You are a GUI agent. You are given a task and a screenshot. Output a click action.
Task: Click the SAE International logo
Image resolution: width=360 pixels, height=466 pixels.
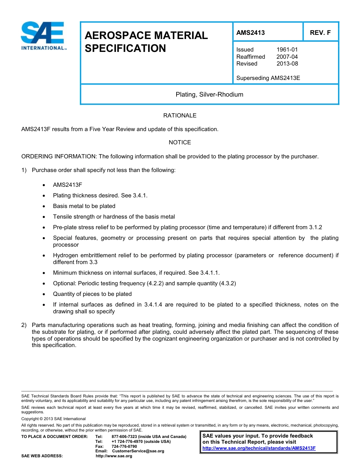tap(44, 36)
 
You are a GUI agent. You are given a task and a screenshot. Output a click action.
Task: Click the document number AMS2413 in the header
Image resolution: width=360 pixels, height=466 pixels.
tap(250, 33)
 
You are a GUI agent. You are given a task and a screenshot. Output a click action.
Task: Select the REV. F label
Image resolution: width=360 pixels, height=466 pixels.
tap(320, 33)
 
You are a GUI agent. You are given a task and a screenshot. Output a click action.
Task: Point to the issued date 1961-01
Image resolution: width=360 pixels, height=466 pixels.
tap(287, 50)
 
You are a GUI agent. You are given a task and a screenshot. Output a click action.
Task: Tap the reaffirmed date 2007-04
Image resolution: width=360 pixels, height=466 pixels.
tap(287, 57)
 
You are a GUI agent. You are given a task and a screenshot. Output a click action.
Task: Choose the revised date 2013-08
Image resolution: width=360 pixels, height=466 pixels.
tap(287, 64)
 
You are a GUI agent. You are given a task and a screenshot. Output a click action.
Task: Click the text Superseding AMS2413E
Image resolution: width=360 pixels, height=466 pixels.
tap(268, 78)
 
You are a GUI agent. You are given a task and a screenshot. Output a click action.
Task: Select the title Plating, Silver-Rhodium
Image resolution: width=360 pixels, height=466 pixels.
tap(209, 94)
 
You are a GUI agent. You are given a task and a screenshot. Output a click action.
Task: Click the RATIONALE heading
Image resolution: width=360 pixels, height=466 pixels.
tap(180, 116)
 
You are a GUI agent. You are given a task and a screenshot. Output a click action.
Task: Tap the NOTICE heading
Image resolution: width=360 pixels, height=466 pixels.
tap(180, 142)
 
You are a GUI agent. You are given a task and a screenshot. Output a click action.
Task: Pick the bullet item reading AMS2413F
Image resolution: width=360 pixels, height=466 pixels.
tap(67, 185)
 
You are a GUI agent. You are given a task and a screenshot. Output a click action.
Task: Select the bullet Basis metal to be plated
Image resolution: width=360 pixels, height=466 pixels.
tap(84, 206)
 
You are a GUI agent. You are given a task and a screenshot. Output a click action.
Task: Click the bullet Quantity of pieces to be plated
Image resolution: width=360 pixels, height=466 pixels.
tap(92, 294)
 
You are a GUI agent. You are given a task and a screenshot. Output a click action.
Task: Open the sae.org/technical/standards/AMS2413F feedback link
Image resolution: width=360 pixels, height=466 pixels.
tap(259, 448)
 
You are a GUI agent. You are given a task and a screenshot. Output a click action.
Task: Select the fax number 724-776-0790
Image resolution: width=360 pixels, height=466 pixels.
tap(124, 446)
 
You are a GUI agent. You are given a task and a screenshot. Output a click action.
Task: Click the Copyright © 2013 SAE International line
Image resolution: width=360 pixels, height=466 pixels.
tap(53, 419)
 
